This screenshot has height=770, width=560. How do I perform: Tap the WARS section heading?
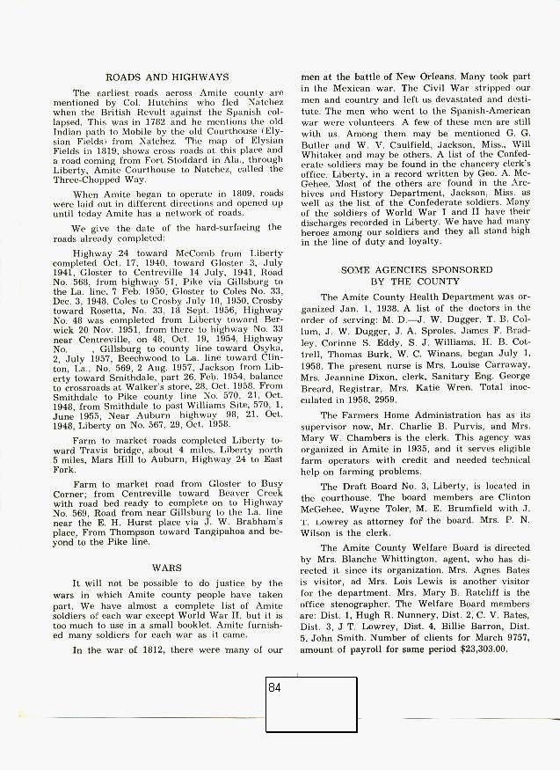click(166, 568)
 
